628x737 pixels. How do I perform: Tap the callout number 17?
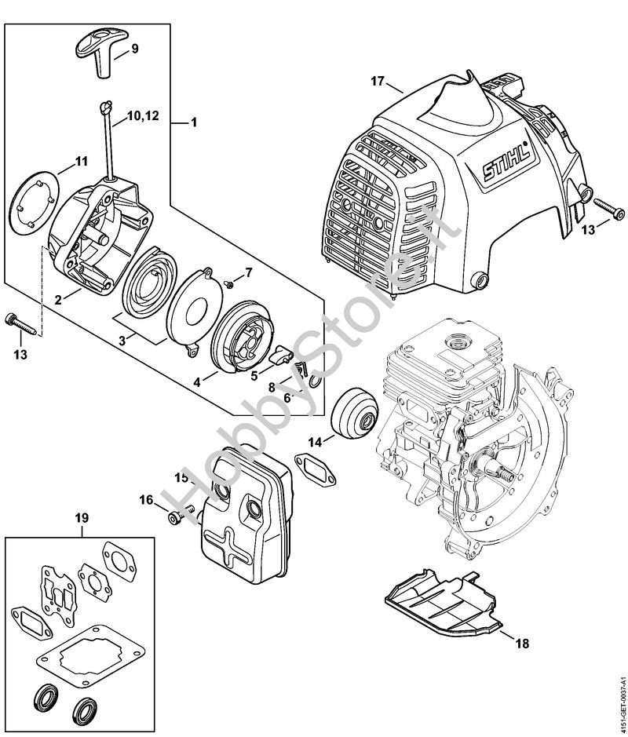377,82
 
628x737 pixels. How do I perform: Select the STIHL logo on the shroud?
506,160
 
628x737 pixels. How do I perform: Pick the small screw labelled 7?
230,283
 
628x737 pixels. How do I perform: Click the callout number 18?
522,643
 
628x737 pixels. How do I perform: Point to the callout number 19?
82,518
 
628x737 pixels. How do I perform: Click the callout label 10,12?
142,115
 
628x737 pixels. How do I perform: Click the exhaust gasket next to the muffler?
316,469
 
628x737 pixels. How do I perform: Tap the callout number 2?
57,299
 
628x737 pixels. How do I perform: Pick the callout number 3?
122,341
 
